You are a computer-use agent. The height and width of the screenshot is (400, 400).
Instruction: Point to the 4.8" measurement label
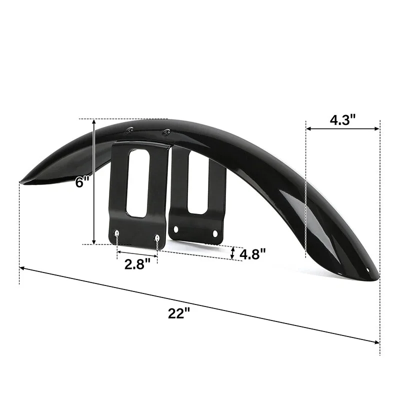point(252,254)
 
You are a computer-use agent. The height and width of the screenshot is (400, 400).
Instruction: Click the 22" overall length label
point(179,313)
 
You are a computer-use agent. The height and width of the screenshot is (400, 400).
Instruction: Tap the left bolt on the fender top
point(129,130)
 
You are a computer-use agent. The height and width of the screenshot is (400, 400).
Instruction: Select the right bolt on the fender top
point(166,132)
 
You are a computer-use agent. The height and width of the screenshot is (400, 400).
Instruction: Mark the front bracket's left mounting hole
point(117,233)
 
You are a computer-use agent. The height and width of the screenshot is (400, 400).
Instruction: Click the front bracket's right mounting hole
point(157,237)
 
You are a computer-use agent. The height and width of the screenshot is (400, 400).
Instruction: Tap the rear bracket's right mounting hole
point(216,233)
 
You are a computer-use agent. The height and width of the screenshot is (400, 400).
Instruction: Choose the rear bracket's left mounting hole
point(175,229)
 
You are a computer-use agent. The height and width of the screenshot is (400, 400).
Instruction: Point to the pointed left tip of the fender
point(21,181)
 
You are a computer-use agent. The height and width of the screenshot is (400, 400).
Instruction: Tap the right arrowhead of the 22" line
point(377,341)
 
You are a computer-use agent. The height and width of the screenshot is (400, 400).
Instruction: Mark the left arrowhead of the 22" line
point(22,268)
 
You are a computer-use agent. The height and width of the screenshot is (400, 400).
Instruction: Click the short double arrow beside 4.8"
point(233,253)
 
